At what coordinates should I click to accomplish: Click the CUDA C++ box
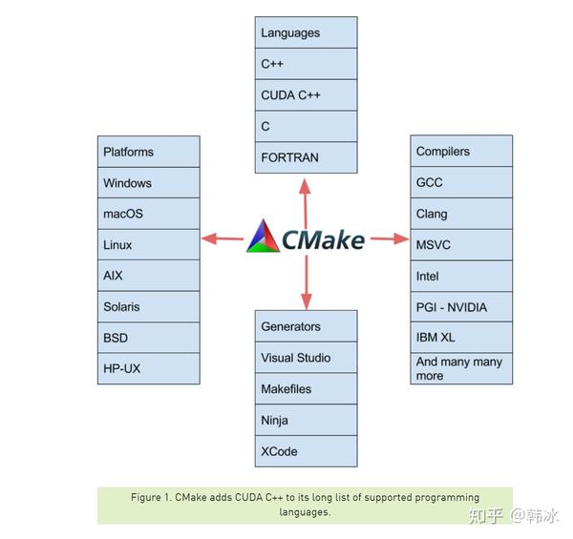306,95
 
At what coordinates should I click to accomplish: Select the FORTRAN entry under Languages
306,157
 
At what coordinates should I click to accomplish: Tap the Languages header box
306,33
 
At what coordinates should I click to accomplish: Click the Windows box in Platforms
149,183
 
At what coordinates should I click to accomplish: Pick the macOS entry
149,214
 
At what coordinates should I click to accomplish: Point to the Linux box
149,245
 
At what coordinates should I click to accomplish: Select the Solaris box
149,307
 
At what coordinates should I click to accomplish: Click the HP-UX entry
149,368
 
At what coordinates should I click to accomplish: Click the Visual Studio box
306,358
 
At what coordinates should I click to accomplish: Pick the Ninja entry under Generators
306,420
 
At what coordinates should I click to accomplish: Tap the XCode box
306,451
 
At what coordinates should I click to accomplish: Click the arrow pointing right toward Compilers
389,238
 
